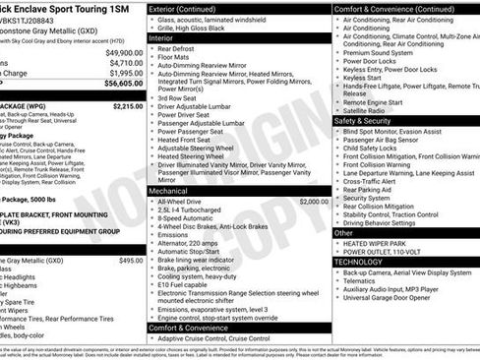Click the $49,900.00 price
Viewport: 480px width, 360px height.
click(124, 52)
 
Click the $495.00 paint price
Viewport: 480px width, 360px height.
click(131, 261)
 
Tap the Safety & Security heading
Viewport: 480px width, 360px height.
click(369, 121)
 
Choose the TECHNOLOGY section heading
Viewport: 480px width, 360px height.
click(365, 262)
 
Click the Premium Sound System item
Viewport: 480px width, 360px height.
click(382, 53)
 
